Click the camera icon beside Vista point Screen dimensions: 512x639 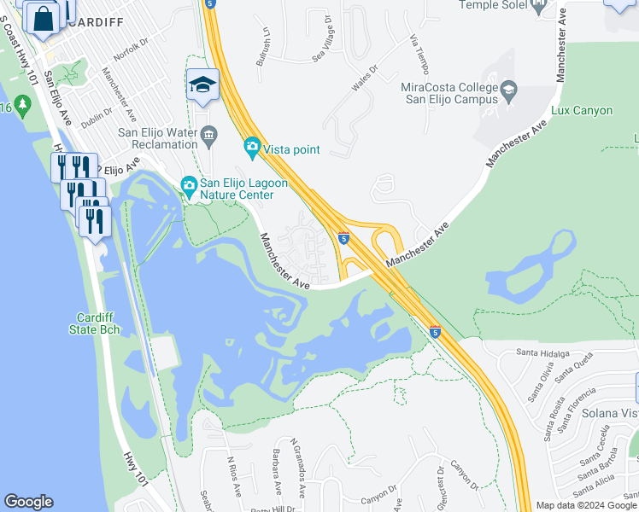(x=252, y=148)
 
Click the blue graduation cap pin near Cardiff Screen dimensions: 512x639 (x=202, y=84)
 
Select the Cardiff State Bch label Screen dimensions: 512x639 (x=97, y=323)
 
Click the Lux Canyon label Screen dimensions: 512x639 (x=583, y=111)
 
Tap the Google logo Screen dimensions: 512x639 (x=29, y=502)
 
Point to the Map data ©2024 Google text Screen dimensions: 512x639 (x=586, y=505)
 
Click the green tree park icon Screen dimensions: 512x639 (x=22, y=107)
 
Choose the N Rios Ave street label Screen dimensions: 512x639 (x=232, y=474)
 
